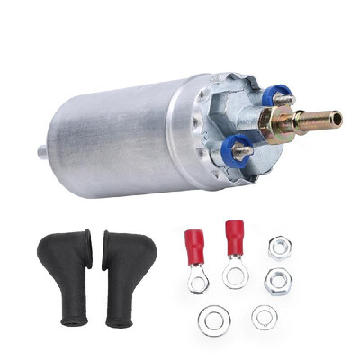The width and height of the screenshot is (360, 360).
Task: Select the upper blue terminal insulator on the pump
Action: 280,94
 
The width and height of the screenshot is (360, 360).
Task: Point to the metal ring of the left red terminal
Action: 199,283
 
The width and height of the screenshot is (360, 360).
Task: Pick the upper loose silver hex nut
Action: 279,246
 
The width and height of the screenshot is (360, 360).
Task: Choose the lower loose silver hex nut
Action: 277,281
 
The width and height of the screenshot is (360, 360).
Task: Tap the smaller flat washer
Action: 265,317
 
